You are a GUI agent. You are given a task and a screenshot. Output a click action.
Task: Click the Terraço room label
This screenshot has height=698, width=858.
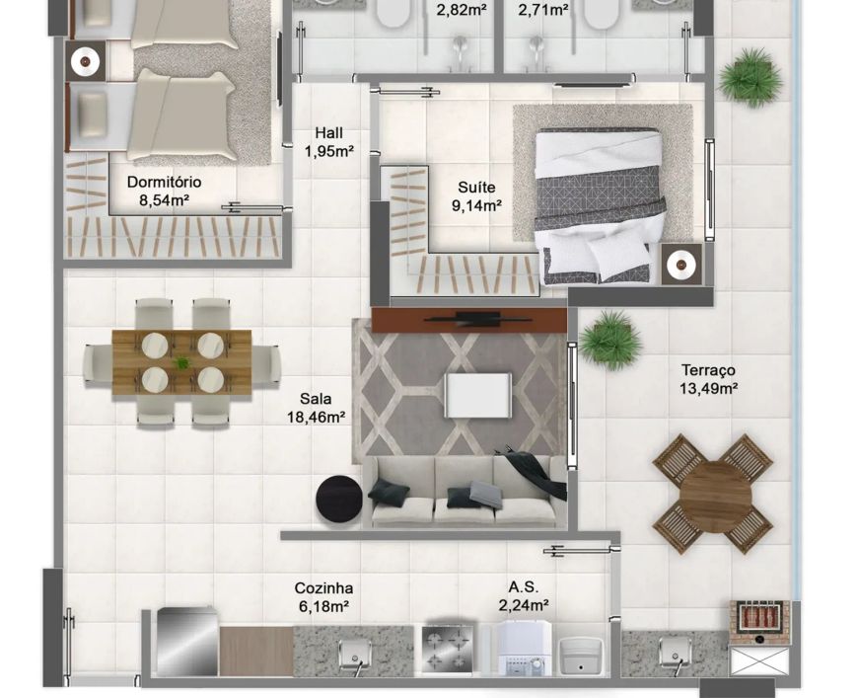[708, 370]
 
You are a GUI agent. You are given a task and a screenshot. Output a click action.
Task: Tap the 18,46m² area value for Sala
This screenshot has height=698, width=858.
[316, 418]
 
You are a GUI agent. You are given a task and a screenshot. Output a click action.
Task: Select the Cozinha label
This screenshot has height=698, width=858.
[323, 587]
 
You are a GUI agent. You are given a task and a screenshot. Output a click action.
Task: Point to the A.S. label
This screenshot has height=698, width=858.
[523, 586]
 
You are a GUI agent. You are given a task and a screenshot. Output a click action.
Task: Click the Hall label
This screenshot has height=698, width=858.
[328, 132]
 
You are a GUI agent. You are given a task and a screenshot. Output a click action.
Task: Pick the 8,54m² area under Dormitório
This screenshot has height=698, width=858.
[164, 200]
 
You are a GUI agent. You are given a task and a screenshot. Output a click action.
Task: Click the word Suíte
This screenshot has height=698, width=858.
[476, 188]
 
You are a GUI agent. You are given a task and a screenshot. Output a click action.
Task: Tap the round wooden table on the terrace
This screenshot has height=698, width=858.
[717, 495]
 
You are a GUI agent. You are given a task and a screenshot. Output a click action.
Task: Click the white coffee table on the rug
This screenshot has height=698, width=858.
[478, 395]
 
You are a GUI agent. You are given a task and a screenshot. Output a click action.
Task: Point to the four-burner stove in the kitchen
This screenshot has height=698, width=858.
[448, 649]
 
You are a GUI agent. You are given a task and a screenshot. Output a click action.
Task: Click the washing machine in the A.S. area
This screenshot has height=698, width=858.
[525, 648]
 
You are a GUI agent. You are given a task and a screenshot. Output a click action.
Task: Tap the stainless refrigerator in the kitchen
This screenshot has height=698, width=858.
[187, 642]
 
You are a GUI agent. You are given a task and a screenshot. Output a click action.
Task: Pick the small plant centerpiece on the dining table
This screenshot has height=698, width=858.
[181, 362]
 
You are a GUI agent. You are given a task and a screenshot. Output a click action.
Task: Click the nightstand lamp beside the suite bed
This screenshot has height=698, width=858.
[681, 266]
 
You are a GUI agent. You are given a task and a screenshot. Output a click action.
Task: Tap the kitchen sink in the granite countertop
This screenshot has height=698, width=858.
[354, 655]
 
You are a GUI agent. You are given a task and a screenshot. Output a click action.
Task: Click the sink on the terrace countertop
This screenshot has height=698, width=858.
[676, 652]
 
